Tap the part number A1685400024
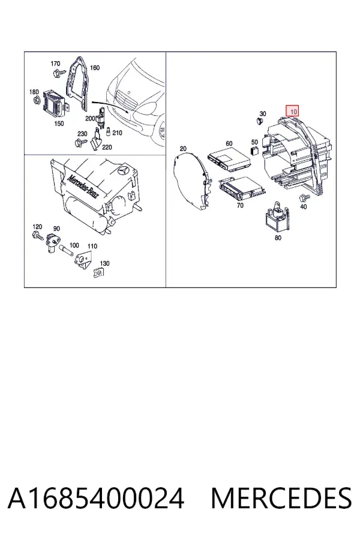click(x=96, y=499)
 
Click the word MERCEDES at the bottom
click(x=281, y=499)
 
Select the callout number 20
click(x=183, y=149)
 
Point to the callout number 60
click(x=229, y=143)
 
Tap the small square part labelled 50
click(x=254, y=151)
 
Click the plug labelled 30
click(x=260, y=121)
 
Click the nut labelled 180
click(x=37, y=101)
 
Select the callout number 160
click(x=94, y=67)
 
